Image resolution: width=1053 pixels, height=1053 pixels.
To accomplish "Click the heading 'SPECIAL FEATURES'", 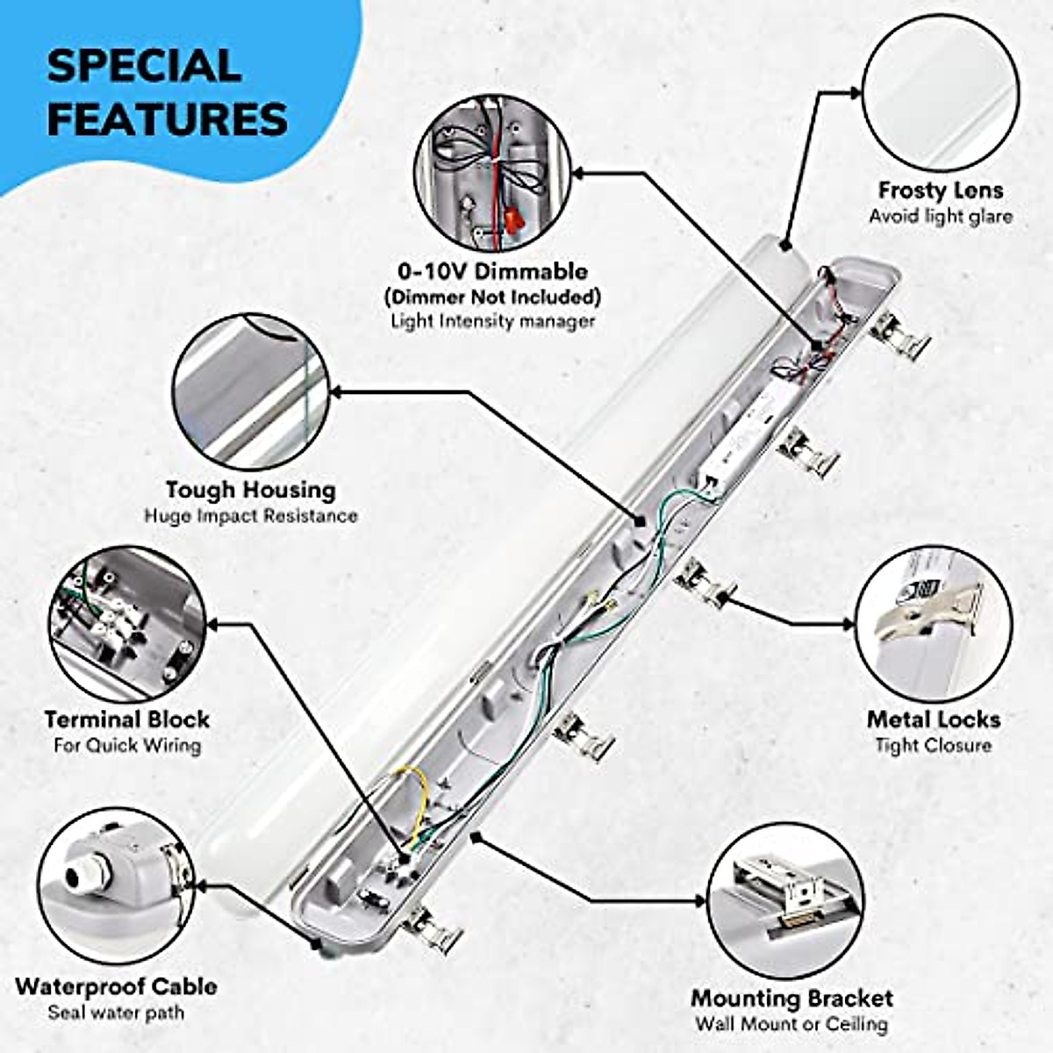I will click(167, 92).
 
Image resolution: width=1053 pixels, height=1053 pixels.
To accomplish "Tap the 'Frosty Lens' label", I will click(941, 190).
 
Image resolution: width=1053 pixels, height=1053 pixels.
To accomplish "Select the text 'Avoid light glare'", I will click(941, 216).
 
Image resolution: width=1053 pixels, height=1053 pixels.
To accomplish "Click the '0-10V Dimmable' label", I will click(491, 271).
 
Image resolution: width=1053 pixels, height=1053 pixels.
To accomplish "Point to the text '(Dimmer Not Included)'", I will click(491, 296).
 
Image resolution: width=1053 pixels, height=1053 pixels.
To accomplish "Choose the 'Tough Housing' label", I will click(250, 490).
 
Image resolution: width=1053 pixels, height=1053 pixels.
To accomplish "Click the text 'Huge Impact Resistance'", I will click(250, 515).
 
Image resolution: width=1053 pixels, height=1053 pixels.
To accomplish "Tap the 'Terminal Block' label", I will click(127, 720).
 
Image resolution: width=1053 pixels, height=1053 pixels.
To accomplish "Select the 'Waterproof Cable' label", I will click(116, 986).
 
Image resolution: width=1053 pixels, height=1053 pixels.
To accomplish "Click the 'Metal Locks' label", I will click(934, 720).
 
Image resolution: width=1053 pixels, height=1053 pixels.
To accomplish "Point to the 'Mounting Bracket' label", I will click(792, 999).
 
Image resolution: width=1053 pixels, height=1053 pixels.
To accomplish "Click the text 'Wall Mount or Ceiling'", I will click(792, 1024).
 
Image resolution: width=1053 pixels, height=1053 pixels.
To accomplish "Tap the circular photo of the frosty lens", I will click(941, 93).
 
